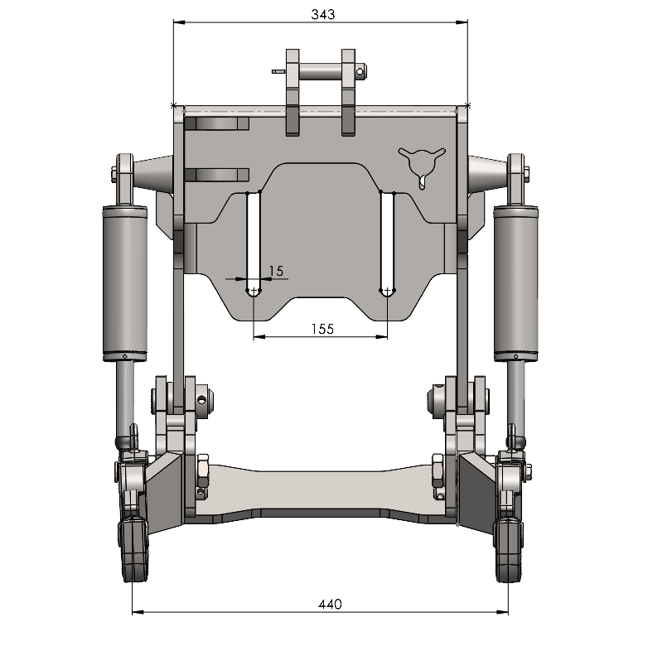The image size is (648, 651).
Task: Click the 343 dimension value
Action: coord(322,15)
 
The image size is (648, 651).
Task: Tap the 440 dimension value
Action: coord(331,604)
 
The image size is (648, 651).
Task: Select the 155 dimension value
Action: coord(322,330)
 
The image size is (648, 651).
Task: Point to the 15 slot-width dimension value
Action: coord(276,271)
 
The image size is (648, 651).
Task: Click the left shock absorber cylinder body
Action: coord(125,283)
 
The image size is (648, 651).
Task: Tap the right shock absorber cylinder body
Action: coord(516,283)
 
